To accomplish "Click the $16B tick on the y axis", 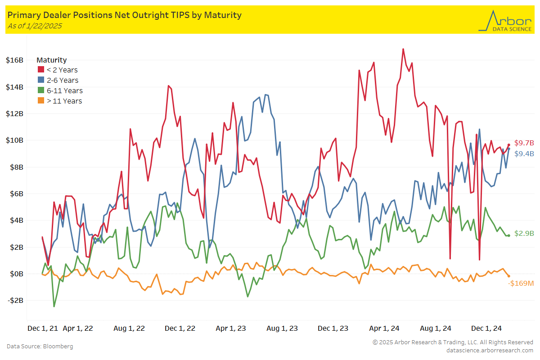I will tap(15, 60).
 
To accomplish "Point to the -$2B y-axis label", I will tap(15, 301).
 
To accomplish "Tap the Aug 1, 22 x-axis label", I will tap(129, 328).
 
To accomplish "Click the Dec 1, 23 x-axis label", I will tap(333, 328).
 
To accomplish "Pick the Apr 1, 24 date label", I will tap(384, 328).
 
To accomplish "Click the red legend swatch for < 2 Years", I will tap(40, 70).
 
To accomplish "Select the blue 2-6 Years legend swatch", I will tap(40, 80).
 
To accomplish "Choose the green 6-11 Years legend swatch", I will tap(40, 90).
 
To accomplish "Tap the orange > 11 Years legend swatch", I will tap(40, 101).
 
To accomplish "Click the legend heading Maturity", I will tap(51, 60).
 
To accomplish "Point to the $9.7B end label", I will tap(524, 143).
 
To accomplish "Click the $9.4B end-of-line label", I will tap(524, 153).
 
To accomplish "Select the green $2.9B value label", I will tap(524, 234).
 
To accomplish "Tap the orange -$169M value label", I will tap(521, 283).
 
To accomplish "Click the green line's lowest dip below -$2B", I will tap(54, 306).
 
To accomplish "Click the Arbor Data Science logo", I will tap(504, 21).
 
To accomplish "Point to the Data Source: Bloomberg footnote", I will tap(40, 346).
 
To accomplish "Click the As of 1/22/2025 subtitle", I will tap(35, 26).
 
